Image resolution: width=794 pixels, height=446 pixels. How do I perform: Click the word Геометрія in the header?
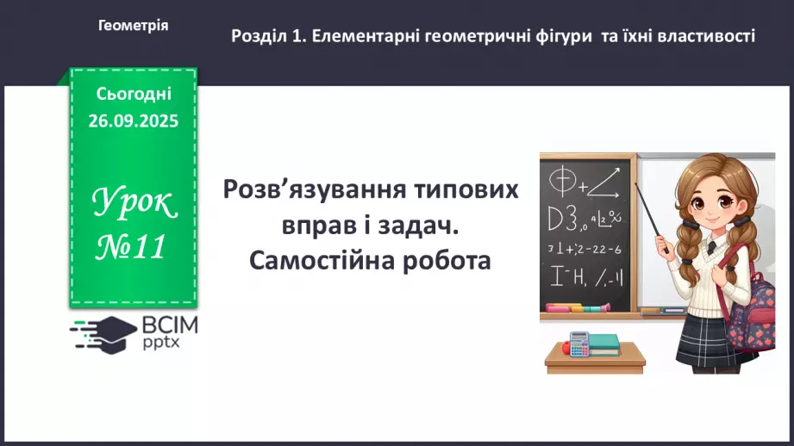coord(134,26)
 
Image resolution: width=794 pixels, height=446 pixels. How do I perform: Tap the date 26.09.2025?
coord(133,121)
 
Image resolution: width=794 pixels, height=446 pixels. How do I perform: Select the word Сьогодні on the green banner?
coord(134,93)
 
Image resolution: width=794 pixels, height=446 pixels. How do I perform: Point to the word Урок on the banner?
coord(134,203)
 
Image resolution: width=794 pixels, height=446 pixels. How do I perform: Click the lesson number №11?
coord(131,248)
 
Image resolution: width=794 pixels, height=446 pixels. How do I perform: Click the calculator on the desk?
coord(578,343)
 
